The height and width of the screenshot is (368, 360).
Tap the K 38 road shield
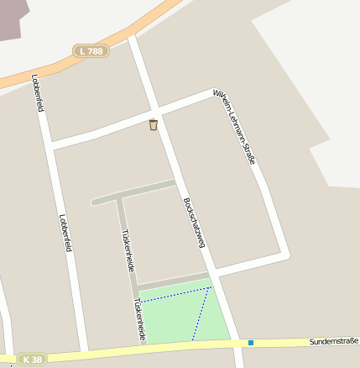pos(31,359)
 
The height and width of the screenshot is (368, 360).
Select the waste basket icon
pos(153,125)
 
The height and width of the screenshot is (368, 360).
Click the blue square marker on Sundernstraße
pos(250,342)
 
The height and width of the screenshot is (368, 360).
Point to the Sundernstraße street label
pos(333,340)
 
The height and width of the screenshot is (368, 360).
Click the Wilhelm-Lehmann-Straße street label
pos(234,126)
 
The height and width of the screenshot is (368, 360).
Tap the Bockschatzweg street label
pos(194,223)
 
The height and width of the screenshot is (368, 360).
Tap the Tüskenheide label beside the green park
pos(138,319)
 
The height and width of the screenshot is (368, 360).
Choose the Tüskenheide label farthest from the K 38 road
pos(128,250)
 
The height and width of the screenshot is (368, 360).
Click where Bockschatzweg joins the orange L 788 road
pos(133,38)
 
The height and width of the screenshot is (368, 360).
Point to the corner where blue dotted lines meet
pos(211,288)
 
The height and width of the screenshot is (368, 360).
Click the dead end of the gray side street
pos(93,202)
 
